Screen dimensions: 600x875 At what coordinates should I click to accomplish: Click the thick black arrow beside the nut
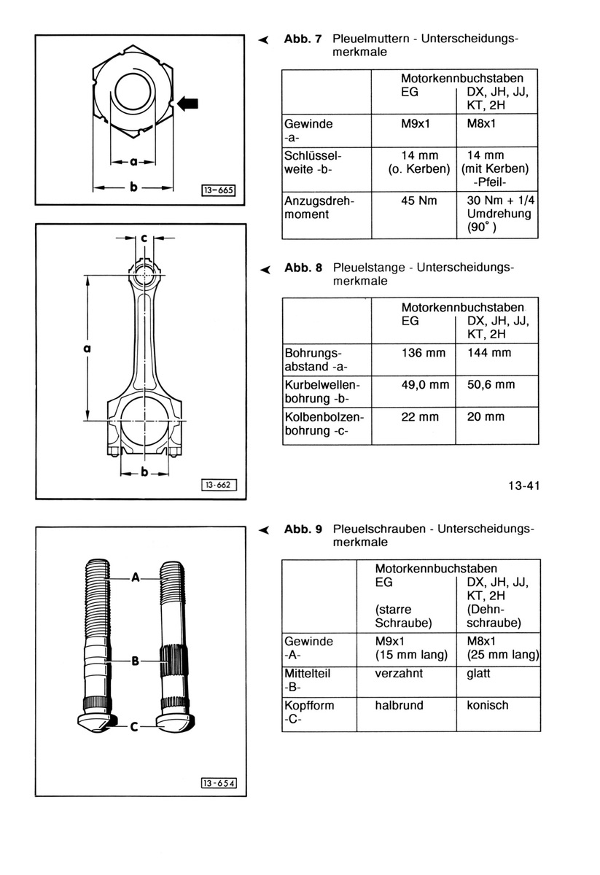tap(188, 104)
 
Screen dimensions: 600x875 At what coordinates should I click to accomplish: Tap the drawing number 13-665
tap(219, 190)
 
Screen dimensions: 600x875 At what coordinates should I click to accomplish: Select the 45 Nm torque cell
tap(418, 201)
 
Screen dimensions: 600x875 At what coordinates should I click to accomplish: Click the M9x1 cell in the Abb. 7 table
tap(416, 124)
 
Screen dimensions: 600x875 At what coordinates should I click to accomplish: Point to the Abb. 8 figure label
tap(303, 268)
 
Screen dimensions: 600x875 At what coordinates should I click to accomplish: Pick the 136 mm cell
tap(424, 353)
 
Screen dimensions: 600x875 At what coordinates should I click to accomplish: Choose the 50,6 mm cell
tap(491, 385)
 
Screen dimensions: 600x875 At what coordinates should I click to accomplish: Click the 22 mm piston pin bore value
tap(420, 417)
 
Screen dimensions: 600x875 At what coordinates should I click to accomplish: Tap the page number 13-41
tap(524, 486)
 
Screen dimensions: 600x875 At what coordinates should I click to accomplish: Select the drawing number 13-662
tap(219, 485)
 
